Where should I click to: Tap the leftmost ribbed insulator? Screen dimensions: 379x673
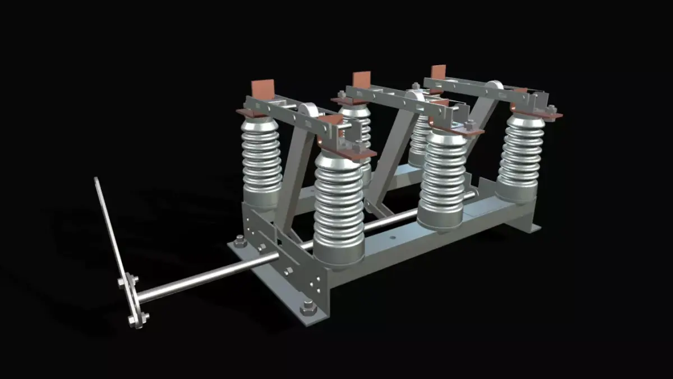(x=261, y=160)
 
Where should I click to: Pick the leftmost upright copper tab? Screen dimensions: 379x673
(x=262, y=89)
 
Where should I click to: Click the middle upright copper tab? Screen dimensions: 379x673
(x=361, y=79)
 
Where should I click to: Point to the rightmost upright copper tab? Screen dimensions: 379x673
(x=437, y=72)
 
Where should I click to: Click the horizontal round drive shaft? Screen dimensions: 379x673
(x=224, y=272)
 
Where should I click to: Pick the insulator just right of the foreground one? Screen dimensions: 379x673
(x=443, y=180)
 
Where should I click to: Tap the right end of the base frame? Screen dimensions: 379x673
(x=527, y=225)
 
